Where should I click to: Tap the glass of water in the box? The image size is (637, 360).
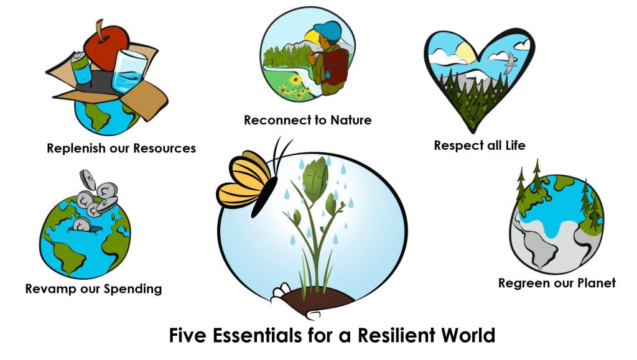pyautogui.click(x=129, y=72)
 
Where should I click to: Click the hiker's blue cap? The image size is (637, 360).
pyautogui.click(x=327, y=30)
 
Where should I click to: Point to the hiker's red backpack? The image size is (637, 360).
pyautogui.click(x=335, y=67)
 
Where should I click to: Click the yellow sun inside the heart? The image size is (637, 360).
pyautogui.click(x=465, y=53)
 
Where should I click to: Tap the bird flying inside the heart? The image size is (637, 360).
pyautogui.click(x=511, y=63)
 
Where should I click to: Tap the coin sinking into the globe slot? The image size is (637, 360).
pyautogui.click(x=83, y=224)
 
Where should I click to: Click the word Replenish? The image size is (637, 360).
pyautogui.click(x=76, y=149)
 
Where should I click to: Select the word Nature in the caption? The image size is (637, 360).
pyautogui.click(x=351, y=120)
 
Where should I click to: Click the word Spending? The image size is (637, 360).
pyautogui.click(x=133, y=289)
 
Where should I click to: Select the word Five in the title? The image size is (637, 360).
pyautogui.click(x=187, y=335)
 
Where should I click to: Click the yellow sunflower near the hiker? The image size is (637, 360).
pyautogui.click(x=295, y=79)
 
